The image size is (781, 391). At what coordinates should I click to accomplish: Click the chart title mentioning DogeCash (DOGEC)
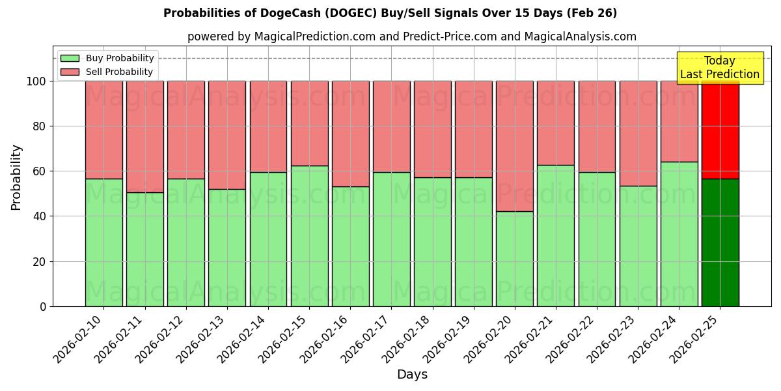click(390, 13)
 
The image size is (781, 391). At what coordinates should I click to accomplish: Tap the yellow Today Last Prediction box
click(720, 68)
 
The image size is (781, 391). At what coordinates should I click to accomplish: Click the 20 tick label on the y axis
click(40, 262)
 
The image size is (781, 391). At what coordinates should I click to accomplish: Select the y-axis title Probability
click(16, 177)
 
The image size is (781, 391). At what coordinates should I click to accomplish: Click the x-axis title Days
click(412, 375)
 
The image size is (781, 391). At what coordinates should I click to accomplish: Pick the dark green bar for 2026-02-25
click(720, 242)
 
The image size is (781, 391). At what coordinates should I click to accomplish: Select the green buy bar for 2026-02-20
click(514, 259)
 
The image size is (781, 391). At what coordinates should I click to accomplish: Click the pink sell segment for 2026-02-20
click(514, 146)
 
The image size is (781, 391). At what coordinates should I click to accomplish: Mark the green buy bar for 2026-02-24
click(679, 234)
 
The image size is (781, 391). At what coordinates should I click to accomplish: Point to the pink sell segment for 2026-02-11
click(144, 137)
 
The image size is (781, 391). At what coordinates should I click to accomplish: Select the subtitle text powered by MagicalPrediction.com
click(411, 36)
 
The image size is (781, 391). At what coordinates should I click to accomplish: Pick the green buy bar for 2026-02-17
click(391, 239)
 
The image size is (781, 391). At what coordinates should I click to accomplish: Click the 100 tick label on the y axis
click(36, 81)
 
